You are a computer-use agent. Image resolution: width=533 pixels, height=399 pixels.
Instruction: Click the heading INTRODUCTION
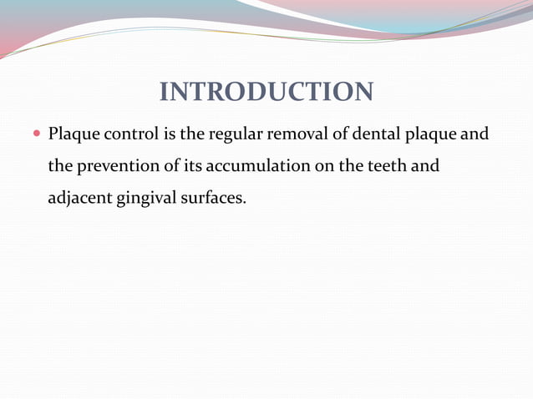click(266, 92)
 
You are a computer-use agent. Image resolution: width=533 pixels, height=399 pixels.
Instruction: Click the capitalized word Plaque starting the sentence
click(73, 134)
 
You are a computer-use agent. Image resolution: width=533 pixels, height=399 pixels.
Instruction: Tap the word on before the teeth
click(323, 167)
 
